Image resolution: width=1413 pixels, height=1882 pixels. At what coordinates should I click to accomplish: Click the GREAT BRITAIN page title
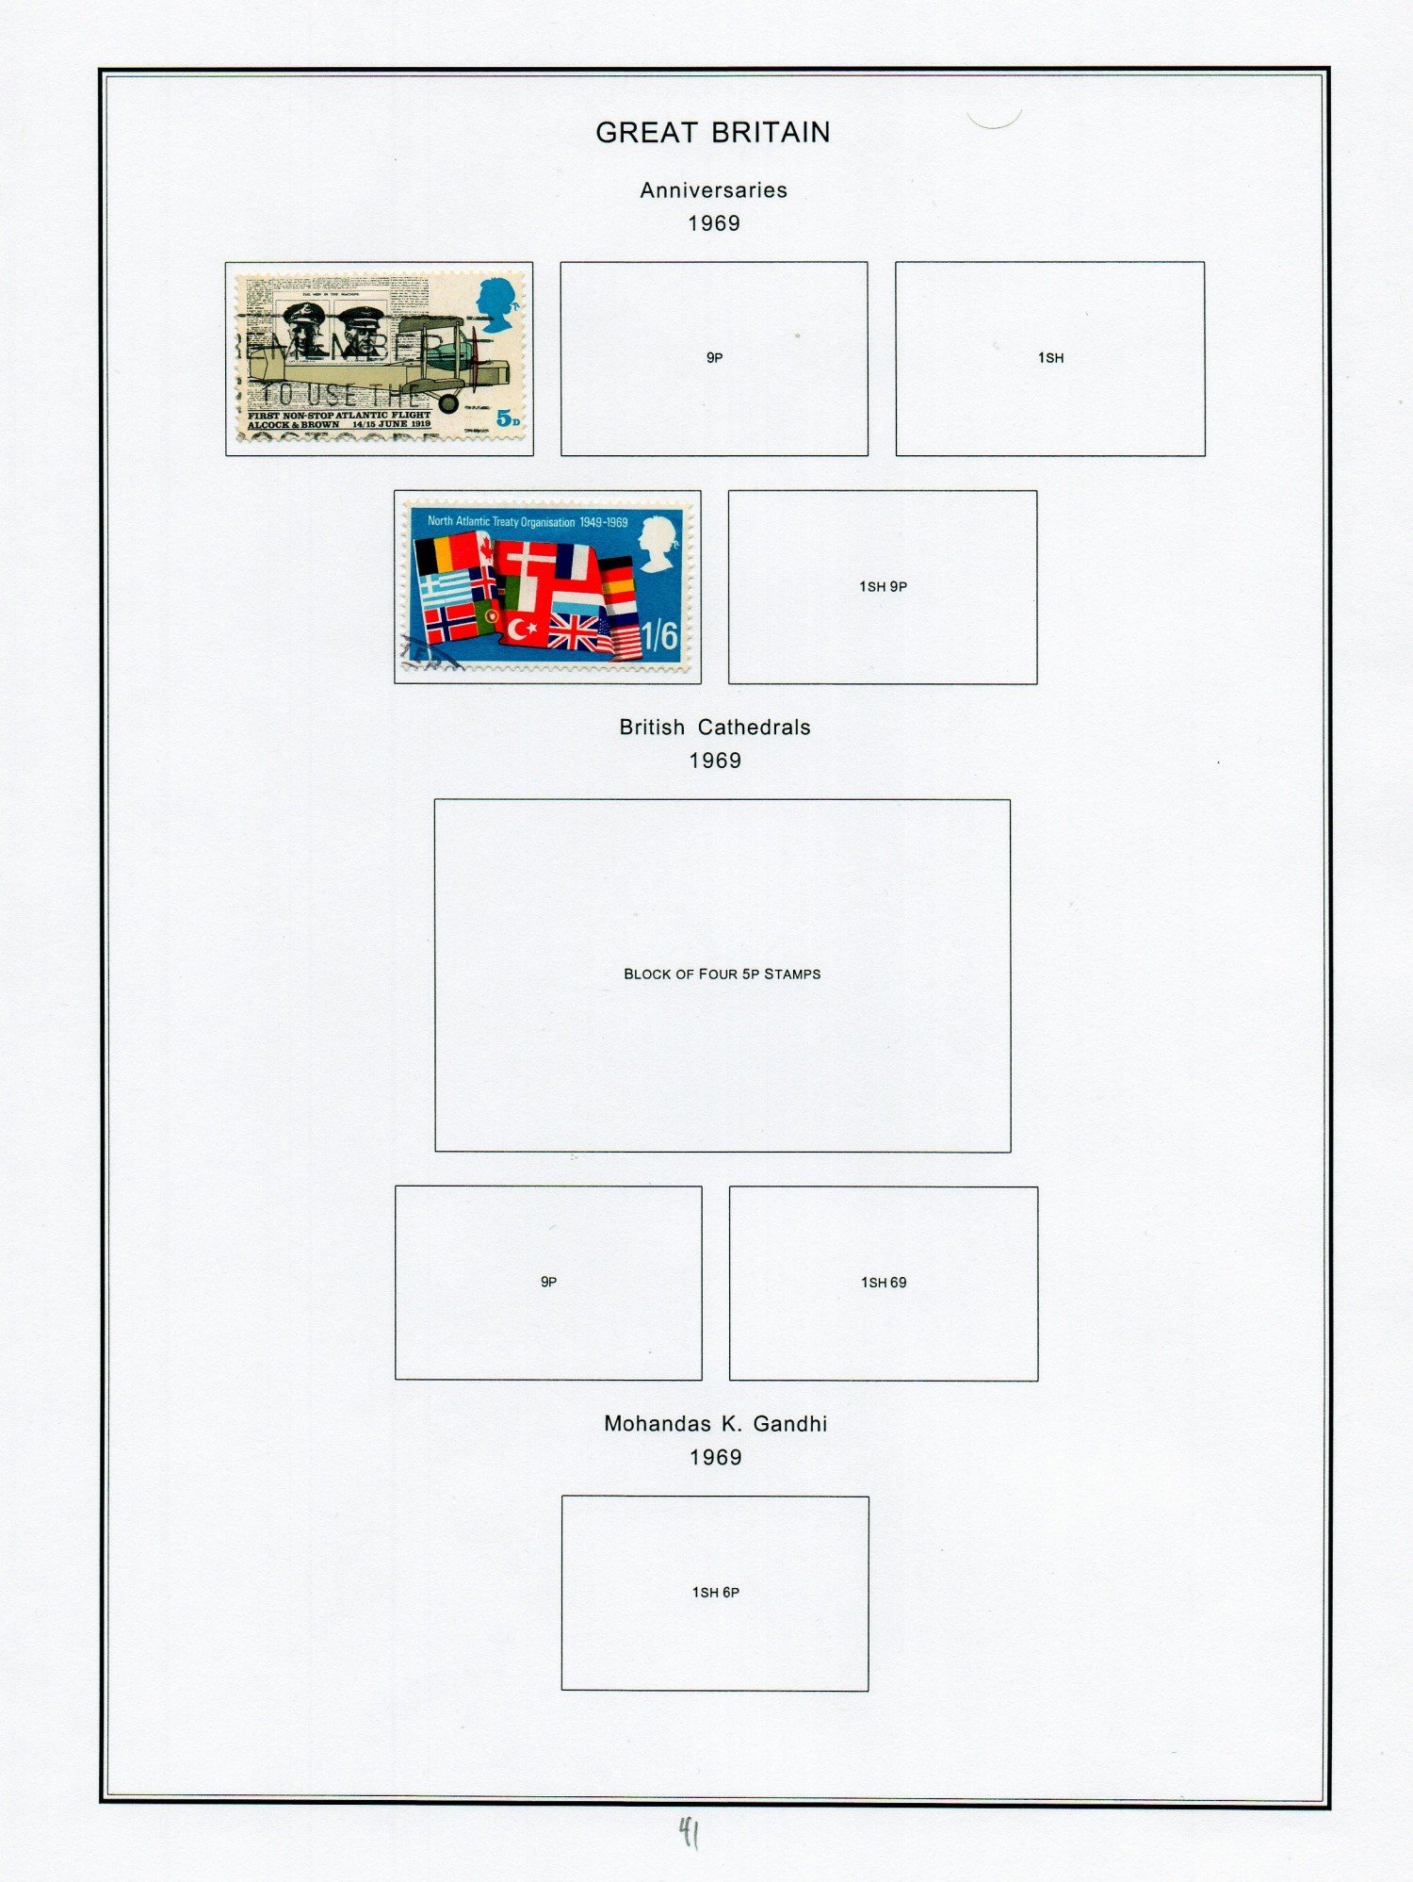(x=713, y=133)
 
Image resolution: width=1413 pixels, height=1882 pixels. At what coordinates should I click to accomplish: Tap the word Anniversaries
(x=713, y=190)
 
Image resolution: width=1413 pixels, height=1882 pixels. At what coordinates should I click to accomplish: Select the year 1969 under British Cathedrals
(x=715, y=761)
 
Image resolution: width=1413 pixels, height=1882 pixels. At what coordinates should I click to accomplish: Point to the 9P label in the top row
(x=714, y=358)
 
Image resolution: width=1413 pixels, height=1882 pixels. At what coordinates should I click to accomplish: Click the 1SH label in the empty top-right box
(x=1050, y=358)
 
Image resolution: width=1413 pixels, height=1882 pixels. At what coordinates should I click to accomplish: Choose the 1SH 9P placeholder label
(x=883, y=586)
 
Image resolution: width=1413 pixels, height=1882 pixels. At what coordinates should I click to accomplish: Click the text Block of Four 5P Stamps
(x=722, y=974)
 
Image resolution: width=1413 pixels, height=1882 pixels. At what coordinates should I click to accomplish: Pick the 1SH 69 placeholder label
(x=884, y=1283)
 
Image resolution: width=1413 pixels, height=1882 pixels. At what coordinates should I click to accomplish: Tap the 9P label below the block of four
(x=548, y=1282)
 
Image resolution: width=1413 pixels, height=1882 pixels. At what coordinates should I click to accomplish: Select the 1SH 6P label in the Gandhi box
(x=715, y=1593)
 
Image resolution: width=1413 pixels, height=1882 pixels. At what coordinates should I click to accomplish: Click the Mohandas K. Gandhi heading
(x=715, y=1424)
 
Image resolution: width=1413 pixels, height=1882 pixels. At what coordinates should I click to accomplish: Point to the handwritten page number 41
(x=690, y=1833)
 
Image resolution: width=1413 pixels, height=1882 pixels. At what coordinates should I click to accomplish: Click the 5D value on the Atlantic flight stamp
(x=508, y=418)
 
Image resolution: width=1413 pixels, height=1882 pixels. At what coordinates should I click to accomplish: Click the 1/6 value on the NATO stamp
(x=659, y=636)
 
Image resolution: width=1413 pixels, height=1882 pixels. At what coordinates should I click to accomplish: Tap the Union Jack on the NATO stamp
(x=574, y=632)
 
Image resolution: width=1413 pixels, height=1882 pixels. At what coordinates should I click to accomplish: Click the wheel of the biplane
(x=448, y=403)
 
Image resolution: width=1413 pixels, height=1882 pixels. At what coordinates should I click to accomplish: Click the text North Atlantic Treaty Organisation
(x=501, y=521)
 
